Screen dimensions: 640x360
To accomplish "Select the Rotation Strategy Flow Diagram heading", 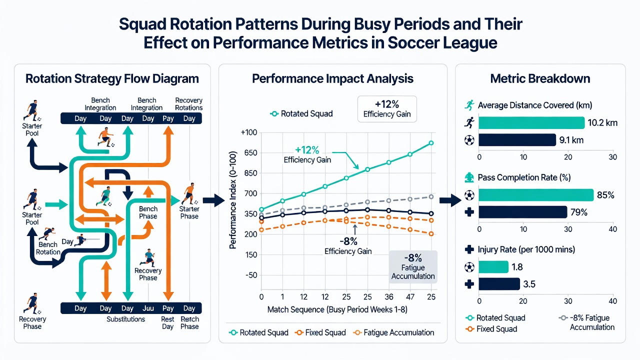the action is click(x=112, y=78).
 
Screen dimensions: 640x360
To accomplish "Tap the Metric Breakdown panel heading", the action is click(x=540, y=78).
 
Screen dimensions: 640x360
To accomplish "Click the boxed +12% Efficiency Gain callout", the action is click(x=387, y=109).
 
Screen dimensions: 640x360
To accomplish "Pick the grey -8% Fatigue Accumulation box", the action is click(x=413, y=267).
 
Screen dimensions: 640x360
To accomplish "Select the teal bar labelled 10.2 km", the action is click(x=531, y=123).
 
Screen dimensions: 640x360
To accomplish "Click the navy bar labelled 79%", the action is click(x=522, y=212).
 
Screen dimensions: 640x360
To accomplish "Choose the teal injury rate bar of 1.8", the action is click(x=493, y=267).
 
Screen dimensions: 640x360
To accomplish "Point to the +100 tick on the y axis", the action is click(x=249, y=132).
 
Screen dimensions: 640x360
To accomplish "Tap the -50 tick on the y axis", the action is click(x=251, y=275).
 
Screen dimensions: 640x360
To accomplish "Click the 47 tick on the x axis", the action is click(x=410, y=297).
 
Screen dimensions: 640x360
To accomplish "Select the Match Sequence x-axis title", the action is click(x=337, y=309).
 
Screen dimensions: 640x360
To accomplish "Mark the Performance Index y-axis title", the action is click(x=233, y=200).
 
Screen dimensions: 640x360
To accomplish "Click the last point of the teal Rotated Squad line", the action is click(x=431, y=143).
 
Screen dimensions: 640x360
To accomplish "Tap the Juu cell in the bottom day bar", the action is click(x=148, y=308).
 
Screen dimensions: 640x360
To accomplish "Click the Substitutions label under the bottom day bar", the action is click(x=125, y=319).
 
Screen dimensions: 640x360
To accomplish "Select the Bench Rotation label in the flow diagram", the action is click(x=48, y=248).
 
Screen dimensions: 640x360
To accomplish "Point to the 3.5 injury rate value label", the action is click(x=529, y=284).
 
